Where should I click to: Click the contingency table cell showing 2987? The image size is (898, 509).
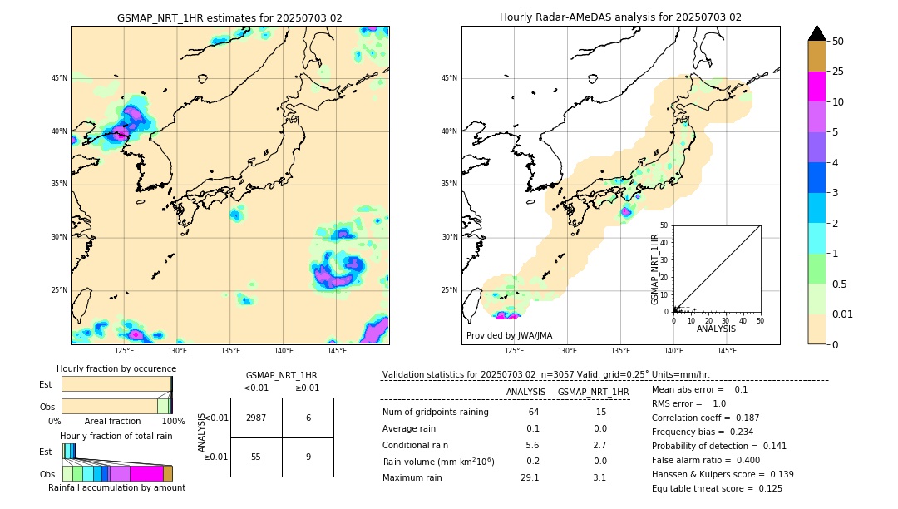pyautogui.click(x=256, y=418)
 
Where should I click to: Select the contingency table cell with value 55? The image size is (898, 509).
pyautogui.click(x=256, y=456)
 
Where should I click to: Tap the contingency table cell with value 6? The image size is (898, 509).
pyautogui.click(x=308, y=418)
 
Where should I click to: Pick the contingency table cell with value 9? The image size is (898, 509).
pyautogui.click(x=308, y=456)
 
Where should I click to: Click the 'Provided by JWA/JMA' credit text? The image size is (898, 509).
pyautogui.click(x=509, y=335)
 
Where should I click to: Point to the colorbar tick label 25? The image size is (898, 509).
pyautogui.click(x=838, y=72)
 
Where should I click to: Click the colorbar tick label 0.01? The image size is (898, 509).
pyautogui.click(x=843, y=314)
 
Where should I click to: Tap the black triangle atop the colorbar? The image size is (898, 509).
pyautogui.click(x=817, y=33)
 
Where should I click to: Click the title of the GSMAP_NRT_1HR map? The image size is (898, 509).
pyautogui.click(x=229, y=17)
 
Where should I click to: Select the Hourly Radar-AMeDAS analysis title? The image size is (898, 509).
pyautogui.click(x=620, y=17)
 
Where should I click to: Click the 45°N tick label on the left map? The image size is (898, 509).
pyautogui.click(x=59, y=78)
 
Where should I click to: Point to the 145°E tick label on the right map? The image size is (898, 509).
pyautogui.click(x=727, y=351)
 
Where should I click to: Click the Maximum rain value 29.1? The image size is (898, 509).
pyautogui.click(x=530, y=477)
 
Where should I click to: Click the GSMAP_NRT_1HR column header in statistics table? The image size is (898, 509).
pyautogui.click(x=593, y=392)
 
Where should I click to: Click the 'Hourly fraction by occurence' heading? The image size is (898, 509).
pyautogui.click(x=116, y=368)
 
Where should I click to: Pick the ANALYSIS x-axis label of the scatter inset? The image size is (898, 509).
pyautogui.click(x=716, y=329)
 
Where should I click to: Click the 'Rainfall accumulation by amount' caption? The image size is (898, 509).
pyautogui.click(x=116, y=487)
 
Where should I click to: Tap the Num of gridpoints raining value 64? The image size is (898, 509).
pyautogui.click(x=533, y=412)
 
